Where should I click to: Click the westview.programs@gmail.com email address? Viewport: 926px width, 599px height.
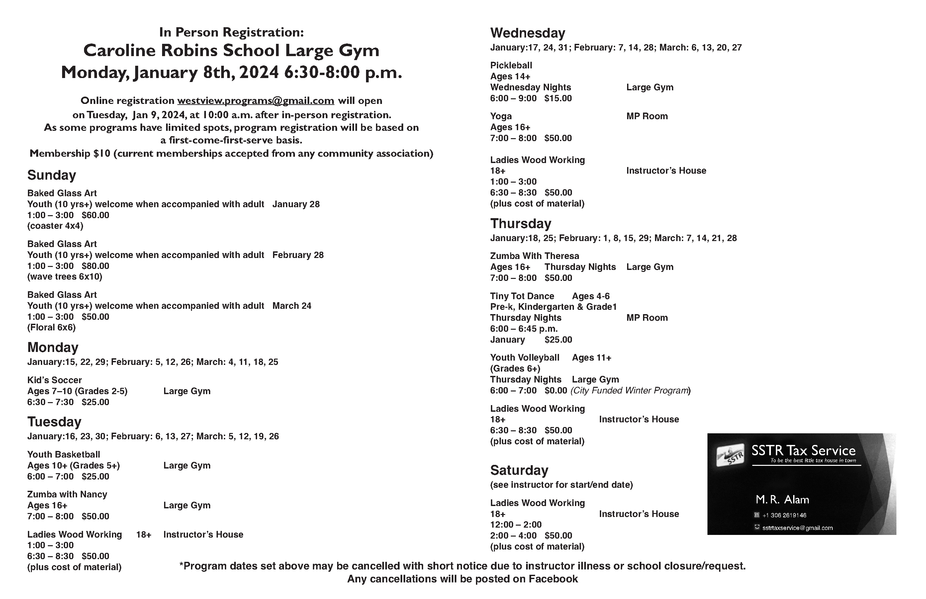(256, 101)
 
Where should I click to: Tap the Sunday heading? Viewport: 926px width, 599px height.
(51, 175)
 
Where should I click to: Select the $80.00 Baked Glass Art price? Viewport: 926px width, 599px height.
(95, 266)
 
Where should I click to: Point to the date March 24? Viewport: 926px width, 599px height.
(292, 306)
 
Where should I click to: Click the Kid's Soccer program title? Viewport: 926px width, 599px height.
(54, 380)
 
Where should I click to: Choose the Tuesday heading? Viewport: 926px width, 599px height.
(54, 422)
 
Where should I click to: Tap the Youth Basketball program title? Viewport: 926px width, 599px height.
(63, 454)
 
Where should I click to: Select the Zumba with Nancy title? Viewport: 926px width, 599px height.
(67, 494)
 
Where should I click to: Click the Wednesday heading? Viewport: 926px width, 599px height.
(527, 33)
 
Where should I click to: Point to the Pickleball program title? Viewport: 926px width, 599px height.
(511, 65)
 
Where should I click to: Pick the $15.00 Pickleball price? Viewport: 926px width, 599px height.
(558, 98)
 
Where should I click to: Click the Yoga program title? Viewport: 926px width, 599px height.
(501, 116)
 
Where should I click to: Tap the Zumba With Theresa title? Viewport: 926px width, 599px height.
(534, 256)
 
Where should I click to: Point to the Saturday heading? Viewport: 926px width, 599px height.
(519, 470)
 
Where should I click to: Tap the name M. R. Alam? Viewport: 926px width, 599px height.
(782, 500)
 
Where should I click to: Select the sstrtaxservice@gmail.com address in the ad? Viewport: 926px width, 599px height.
(797, 528)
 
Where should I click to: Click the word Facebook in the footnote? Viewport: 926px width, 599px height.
(553, 579)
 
